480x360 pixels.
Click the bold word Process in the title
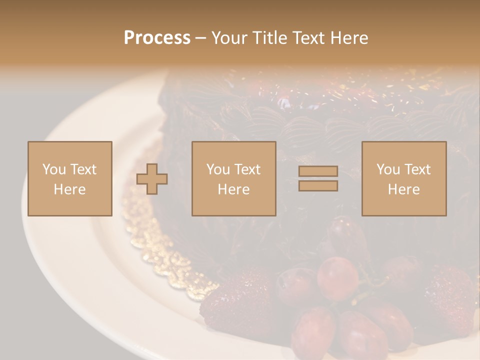157,38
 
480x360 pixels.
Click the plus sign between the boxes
152,179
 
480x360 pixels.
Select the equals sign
318,179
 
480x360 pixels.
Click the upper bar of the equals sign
318,171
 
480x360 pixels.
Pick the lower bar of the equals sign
318,186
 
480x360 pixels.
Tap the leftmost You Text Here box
69,178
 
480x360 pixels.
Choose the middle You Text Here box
233,178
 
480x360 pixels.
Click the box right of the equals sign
403,178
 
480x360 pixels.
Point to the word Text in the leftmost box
82,169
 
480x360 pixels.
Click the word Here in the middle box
233,189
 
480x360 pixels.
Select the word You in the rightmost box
388,169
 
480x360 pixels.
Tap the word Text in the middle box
246,169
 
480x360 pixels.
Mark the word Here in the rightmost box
403,189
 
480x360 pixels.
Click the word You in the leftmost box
54,169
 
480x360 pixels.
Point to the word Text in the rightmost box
416,169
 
